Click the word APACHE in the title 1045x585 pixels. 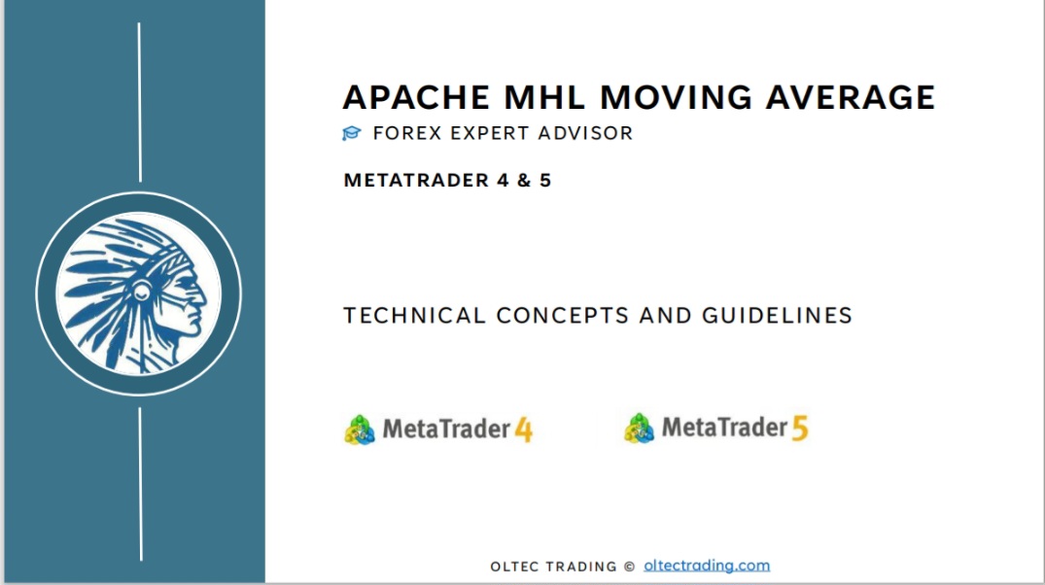point(417,97)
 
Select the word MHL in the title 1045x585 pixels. point(544,97)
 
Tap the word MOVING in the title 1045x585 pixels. point(675,97)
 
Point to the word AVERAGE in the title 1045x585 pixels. point(851,97)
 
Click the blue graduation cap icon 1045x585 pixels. point(351,133)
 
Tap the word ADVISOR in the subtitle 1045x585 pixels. point(585,133)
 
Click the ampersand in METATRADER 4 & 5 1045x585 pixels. point(524,181)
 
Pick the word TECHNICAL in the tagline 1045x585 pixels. point(414,315)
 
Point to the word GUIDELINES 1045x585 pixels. point(777,315)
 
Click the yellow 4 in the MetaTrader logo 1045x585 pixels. point(524,430)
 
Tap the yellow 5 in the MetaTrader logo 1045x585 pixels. point(800,429)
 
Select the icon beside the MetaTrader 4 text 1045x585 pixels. point(360,430)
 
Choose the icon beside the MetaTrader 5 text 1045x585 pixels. point(639,429)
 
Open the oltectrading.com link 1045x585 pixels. point(707,566)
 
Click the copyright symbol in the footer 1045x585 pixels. point(629,567)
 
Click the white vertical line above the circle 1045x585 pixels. point(139,102)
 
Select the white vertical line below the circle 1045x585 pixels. point(141,484)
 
